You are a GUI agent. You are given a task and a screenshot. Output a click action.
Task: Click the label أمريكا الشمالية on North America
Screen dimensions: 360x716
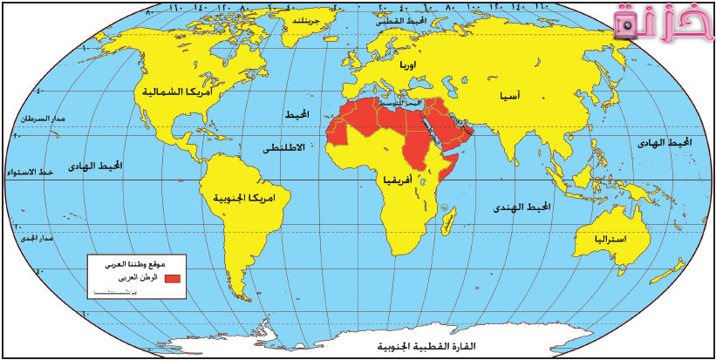tap(176, 91)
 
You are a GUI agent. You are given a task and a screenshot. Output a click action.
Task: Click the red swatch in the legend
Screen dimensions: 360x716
tap(172, 277)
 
